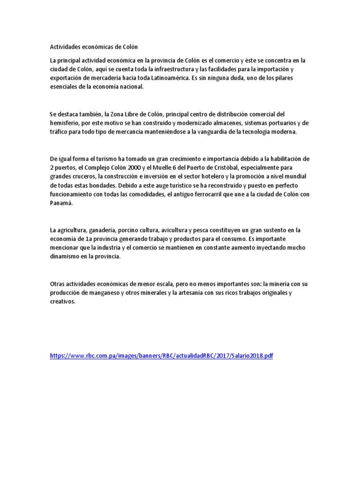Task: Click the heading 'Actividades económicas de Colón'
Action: [x=94, y=47]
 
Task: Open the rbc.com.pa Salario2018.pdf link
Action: [x=161, y=356]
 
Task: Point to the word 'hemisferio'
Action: [x=64, y=123]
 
